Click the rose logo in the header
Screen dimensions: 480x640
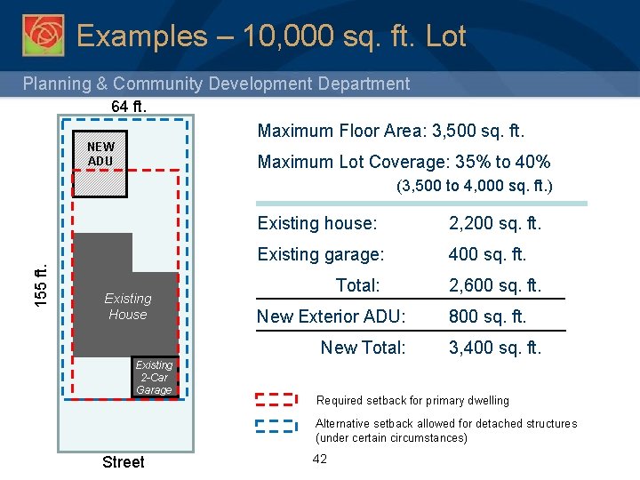coord(43,35)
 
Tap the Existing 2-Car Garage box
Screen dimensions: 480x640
coord(154,377)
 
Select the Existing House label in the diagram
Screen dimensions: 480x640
coord(127,307)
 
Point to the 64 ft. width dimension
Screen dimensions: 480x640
coord(129,107)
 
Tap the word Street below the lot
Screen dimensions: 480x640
coord(123,461)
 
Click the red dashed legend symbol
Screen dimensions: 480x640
coord(276,400)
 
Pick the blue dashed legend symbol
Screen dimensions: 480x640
coord(276,424)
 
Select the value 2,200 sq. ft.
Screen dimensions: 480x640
coord(494,223)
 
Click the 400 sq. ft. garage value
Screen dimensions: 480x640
coord(487,254)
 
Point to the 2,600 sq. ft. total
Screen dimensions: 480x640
coord(494,285)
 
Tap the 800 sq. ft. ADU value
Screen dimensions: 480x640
coord(487,316)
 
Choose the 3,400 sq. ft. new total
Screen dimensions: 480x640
coord(494,348)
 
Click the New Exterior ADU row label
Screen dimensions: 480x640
coord(331,316)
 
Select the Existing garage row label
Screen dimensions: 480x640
coord(320,254)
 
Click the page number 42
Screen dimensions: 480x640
coord(320,459)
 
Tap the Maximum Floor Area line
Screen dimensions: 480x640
coord(391,132)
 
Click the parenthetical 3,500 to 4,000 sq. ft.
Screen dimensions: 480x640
coord(475,187)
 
